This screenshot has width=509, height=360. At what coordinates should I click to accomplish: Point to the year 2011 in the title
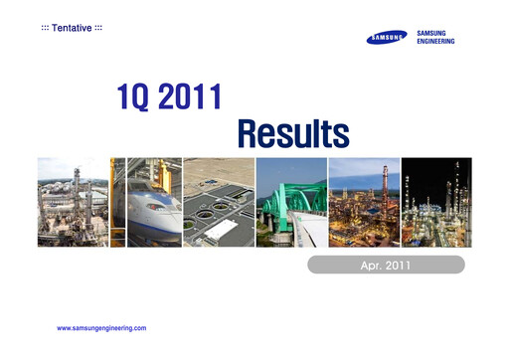189,98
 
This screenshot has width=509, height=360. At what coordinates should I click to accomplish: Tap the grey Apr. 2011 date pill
386,265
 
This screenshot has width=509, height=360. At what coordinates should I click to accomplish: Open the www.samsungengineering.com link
102,327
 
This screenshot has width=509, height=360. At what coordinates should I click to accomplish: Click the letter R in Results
252,131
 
